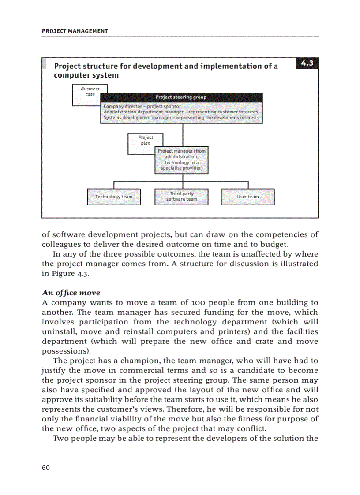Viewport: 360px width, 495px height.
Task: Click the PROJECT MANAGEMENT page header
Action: click(x=75, y=31)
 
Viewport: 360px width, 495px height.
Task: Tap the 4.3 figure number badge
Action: click(x=307, y=63)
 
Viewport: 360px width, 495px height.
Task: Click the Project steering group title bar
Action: click(x=181, y=97)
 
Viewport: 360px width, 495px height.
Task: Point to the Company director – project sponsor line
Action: click(x=142, y=106)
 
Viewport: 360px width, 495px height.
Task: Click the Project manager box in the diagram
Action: click(x=181, y=160)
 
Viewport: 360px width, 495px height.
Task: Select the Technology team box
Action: click(x=114, y=197)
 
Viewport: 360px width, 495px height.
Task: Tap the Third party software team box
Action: click(x=181, y=197)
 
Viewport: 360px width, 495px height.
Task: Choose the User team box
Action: click(x=247, y=197)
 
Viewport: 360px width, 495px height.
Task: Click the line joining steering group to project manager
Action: click(x=182, y=134)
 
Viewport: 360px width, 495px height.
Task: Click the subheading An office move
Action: click(x=71, y=293)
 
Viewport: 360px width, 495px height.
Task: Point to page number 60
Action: click(x=45, y=468)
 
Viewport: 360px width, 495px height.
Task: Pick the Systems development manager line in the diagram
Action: click(x=181, y=118)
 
